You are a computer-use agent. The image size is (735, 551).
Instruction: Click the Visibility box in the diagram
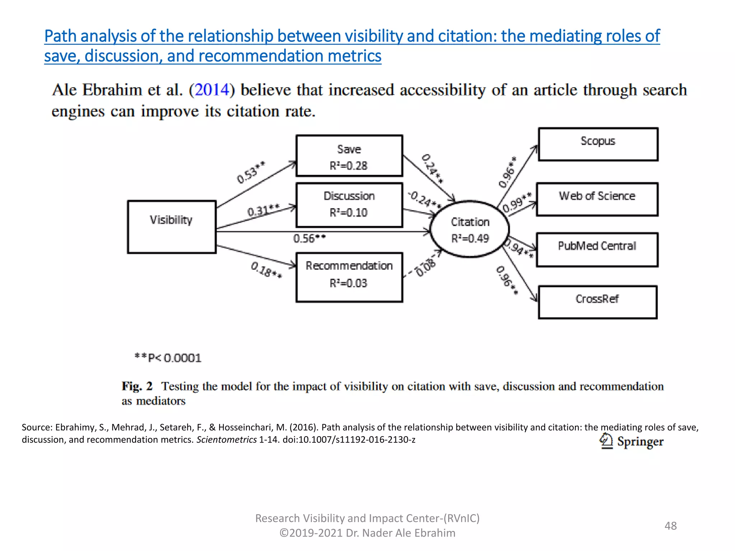click(x=172, y=227)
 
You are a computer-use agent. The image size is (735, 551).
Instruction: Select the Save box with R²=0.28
click(x=349, y=156)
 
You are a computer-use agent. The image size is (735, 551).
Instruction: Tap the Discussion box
click(x=349, y=205)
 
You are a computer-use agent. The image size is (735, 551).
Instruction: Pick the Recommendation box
click(x=349, y=277)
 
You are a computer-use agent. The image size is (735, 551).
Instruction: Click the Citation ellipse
click(x=470, y=229)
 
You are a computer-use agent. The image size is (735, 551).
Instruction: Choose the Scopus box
click(x=598, y=144)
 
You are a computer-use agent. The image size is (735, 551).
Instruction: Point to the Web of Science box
click(x=597, y=199)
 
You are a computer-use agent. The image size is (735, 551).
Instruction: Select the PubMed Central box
click(x=597, y=250)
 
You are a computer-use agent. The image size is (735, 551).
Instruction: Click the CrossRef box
click(x=598, y=302)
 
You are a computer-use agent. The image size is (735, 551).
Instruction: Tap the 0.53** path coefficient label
click(x=251, y=172)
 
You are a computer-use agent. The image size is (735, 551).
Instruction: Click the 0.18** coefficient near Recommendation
click(x=266, y=270)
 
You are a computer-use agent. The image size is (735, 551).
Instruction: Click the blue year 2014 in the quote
click(x=212, y=90)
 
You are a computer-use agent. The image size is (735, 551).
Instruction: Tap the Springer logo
click(x=631, y=442)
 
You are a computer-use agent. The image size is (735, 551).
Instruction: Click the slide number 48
click(x=670, y=526)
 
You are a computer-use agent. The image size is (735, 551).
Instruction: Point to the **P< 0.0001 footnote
click(x=168, y=358)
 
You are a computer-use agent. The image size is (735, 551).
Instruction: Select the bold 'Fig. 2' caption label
click(x=137, y=386)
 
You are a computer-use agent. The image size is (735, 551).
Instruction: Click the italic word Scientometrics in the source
click(x=226, y=440)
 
